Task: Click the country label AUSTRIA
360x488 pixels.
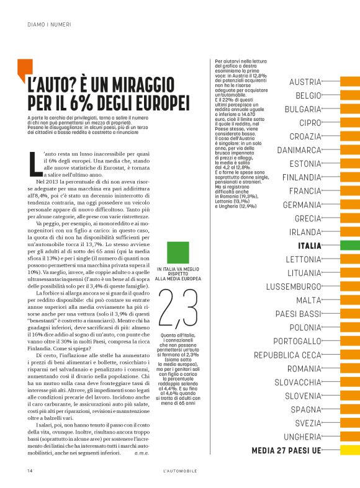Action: pyautogui.click(x=305, y=82)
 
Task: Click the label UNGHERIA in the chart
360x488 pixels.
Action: pyautogui.click(x=299, y=437)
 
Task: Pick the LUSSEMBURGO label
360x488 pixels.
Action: pyautogui.click(x=294, y=286)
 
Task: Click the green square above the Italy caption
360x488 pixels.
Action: pyautogui.click(x=179, y=252)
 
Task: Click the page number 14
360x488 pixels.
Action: pyautogui.click(x=30, y=471)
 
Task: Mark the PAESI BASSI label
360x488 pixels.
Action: pyautogui.click(x=298, y=314)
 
